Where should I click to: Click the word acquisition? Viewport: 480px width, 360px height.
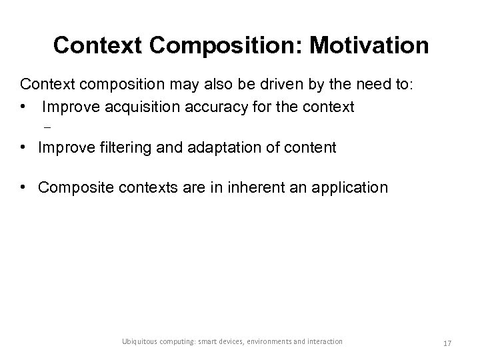pos(138,106)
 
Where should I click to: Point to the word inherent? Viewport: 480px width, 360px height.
pos(253,188)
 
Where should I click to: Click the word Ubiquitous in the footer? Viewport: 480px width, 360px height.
pos(139,342)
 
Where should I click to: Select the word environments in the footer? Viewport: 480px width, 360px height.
pos(268,342)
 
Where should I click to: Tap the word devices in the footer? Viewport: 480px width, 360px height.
pos(225,342)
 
